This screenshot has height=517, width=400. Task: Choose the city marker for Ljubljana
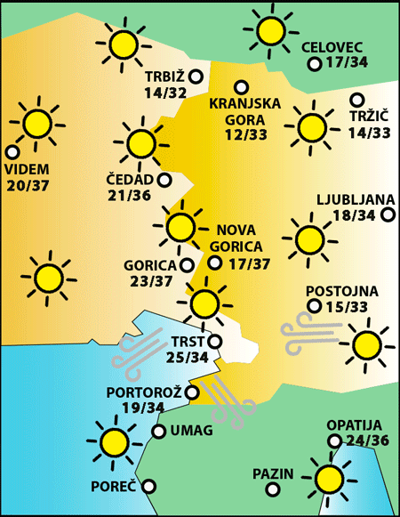[388, 214]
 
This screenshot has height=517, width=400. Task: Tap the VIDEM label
[27, 169]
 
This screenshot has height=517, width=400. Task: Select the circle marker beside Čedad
[164, 180]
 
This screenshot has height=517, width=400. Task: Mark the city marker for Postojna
[313, 307]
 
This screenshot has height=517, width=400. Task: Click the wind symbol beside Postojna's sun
[310, 333]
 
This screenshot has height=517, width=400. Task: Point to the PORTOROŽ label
[143, 392]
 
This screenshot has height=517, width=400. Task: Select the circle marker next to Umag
[158, 432]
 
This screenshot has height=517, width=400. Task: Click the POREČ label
[113, 487]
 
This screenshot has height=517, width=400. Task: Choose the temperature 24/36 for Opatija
[366, 441]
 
